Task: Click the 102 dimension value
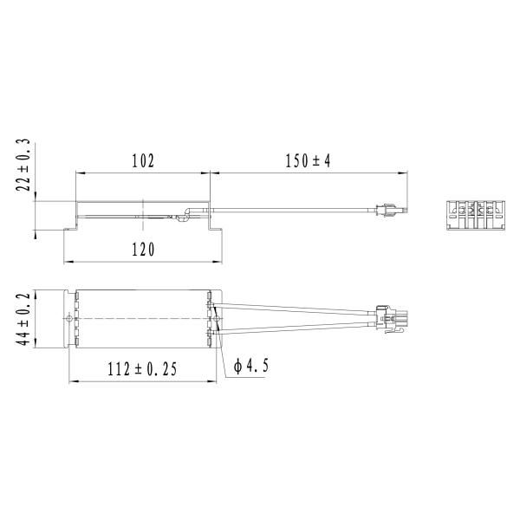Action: click(x=142, y=161)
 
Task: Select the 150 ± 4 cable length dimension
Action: click(x=309, y=161)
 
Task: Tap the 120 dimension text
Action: click(x=142, y=250)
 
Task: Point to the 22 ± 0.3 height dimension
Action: click(x=23, y=165)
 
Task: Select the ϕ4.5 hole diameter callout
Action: click(x=252, y=367)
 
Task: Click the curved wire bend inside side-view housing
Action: click(x=185, y=215)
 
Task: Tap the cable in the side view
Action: click(x=295, y=208)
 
